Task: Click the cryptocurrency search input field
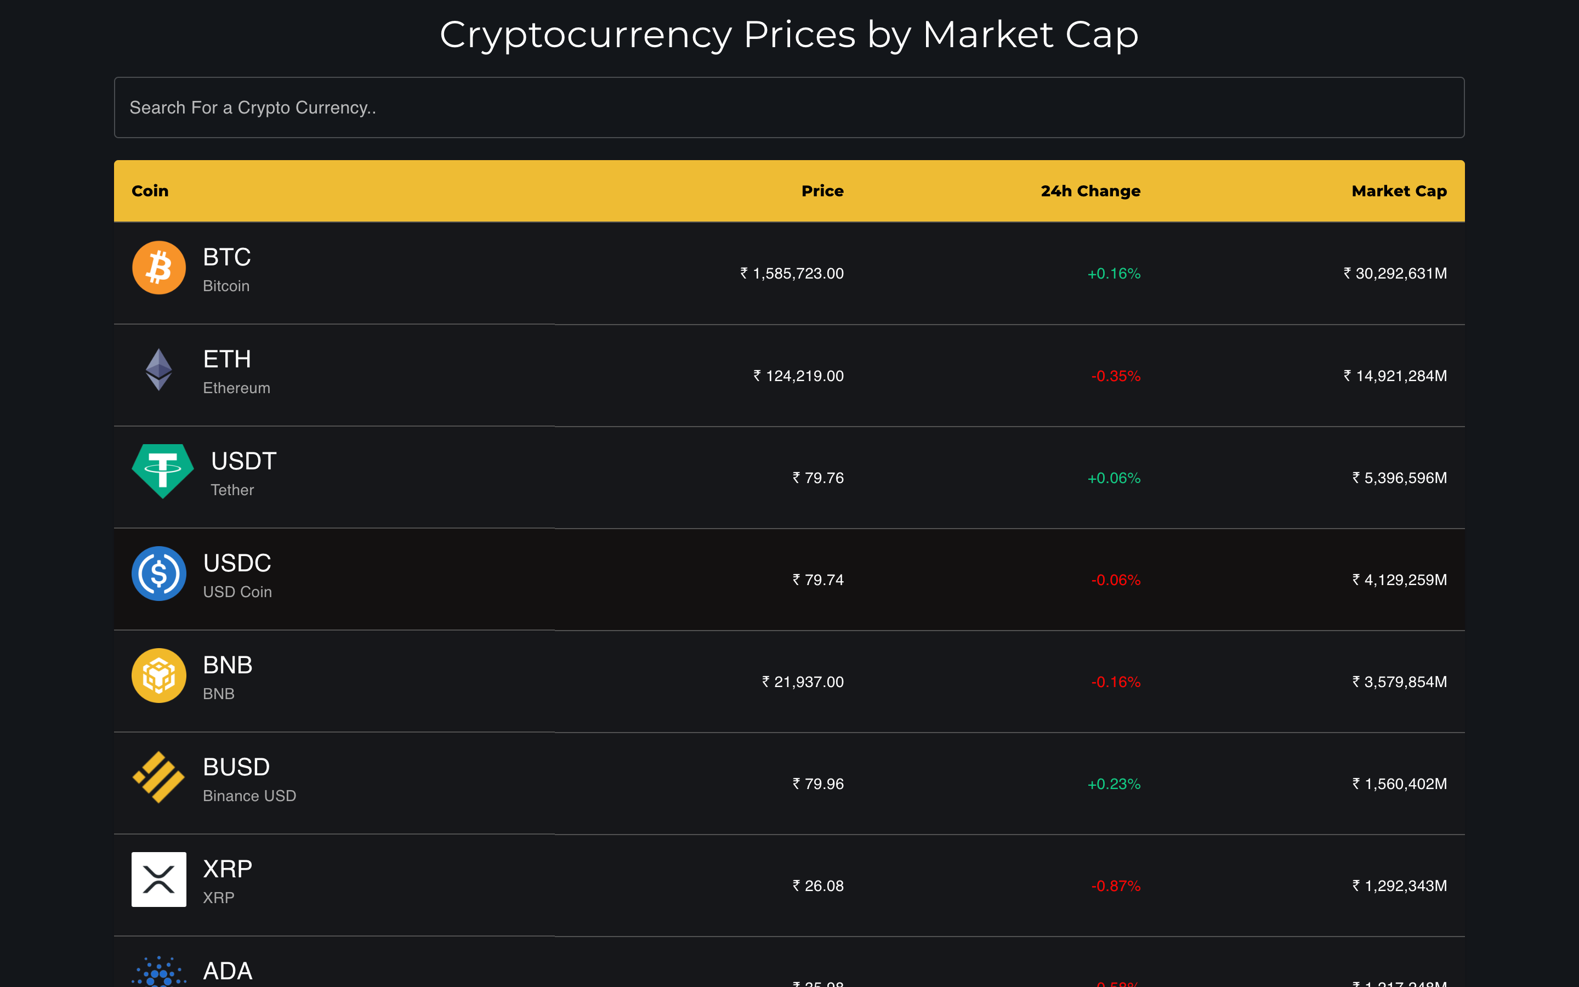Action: pos(789,107)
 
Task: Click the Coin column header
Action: pos(150,191)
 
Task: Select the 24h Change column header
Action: pos(1090,191)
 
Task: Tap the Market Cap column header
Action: pos(1399,191)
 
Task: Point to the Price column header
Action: pos(822,191)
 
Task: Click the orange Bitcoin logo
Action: pos(158,268)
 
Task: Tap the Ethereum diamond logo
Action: pos(158,370)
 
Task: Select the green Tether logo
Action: pos(162,470)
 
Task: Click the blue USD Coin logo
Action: pos(158,574)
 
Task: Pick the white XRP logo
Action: pos(158,880)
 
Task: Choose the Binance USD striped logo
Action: pos(158,778)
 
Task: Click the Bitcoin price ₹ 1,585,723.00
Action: pos(792,274)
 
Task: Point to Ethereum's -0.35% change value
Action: pos(1116,376)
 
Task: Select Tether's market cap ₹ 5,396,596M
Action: pos(1399,478)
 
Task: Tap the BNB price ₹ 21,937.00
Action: pos(803,682)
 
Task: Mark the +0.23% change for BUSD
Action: pos(1114,784)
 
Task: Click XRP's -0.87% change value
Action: pos(1116,886)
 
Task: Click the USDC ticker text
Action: pos(237,563)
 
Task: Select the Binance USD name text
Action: pos(249,796)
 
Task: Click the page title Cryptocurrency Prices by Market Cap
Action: pos(789,35)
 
